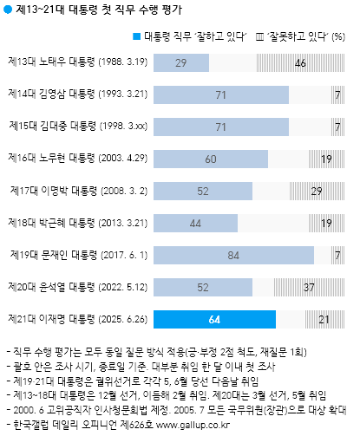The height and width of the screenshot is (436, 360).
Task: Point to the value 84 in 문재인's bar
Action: click(233, 254)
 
